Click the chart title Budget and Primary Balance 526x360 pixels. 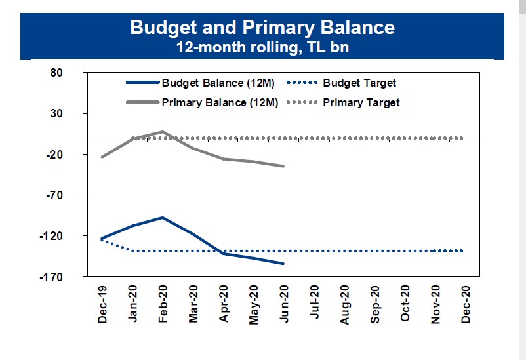click(262, 28)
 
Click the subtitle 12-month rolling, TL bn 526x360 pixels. click(262, 47)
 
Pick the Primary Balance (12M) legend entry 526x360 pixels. click(220, 102)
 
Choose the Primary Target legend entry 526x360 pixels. click(361, 102)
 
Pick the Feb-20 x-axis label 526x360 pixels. click(163, 305)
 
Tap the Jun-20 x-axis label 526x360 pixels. click(283, 305)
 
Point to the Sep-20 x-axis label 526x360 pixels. click(374, 305)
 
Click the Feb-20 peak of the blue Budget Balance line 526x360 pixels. click(162, 218)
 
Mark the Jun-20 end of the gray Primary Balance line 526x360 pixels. click(283, 166)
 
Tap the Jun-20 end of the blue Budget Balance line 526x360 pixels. click(283, 264)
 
